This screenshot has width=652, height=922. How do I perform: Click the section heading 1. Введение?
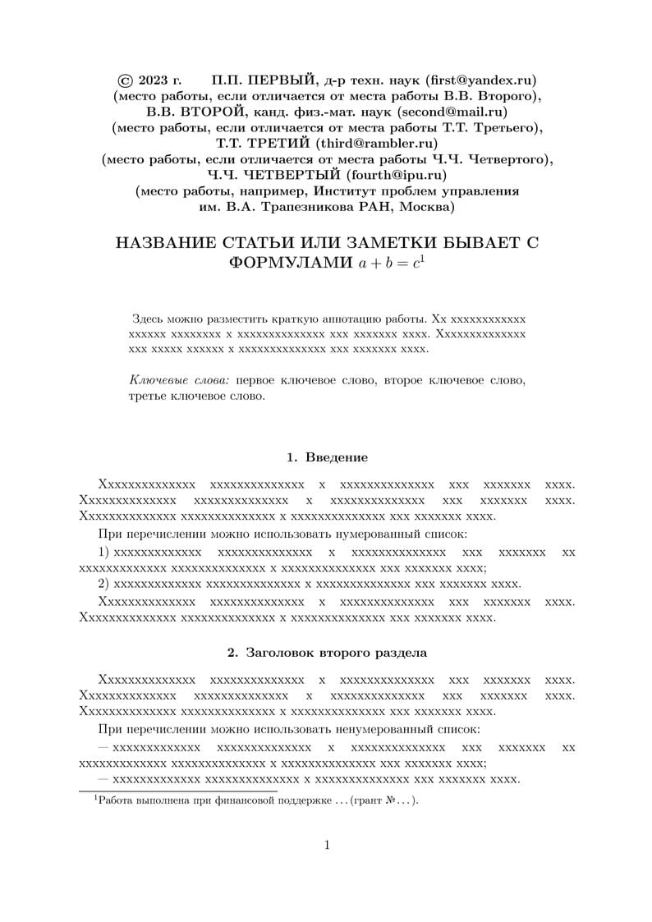point(326,456)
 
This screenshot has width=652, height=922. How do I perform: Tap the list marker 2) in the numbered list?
point(103,584)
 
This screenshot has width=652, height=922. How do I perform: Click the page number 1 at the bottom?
point(326,846)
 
